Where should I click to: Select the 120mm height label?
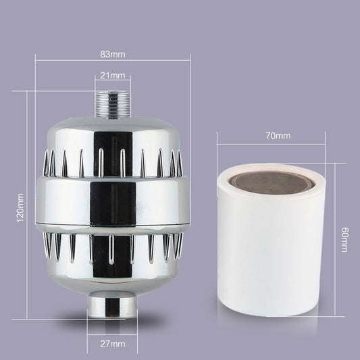(20, 206)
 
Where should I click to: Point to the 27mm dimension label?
(112, 343)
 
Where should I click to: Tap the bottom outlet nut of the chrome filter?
(112, 308)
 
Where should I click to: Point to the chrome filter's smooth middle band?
(112, 203)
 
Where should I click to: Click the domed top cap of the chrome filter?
(112, 128)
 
